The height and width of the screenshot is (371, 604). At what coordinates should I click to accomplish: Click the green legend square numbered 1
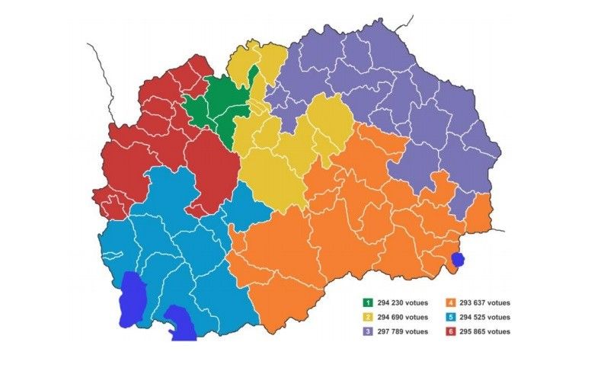[367, 302]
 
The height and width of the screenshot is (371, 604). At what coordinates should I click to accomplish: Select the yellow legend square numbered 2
[367, 317]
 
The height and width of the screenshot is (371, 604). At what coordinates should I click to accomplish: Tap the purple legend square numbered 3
[367, 331]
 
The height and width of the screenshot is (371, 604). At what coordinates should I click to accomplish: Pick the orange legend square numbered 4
[452, 302]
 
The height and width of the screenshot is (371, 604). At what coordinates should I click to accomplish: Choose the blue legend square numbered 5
[452, 317]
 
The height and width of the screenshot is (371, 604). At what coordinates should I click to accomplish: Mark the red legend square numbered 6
[452, 331]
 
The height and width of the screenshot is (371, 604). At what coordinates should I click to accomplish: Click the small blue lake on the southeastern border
[458, 260]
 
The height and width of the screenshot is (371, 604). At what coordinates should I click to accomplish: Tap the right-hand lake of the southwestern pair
[181, 322]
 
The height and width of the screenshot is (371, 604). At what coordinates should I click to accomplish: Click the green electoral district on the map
[217, 110]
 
